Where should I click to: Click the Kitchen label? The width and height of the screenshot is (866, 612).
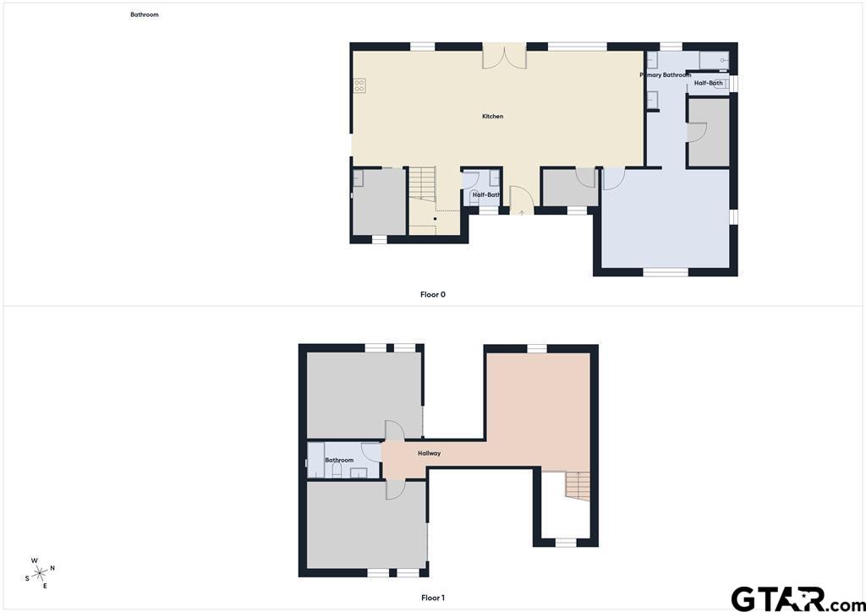pyautogui.click(x=493, y=117)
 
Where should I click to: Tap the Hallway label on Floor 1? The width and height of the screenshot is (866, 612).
pyautogui.click(x=429, y=453)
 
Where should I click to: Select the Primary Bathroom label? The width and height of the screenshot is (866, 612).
pyautogui.click(x=666, y=74)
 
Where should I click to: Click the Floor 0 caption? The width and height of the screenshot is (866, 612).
pyautogui.click(x=432, y=295)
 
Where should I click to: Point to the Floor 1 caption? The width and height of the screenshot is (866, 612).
pyautogui.click(x=432, y=598)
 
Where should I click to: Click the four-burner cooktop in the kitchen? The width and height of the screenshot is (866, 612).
pyautogui.click(x=359, y=85)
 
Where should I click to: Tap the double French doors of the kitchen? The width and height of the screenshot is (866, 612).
pyautogui.click(x=504, y=57)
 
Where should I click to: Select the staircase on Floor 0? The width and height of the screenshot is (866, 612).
pyautogui.click(x=423, y=183)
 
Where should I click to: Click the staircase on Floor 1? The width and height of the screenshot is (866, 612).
pyautogui.click(x=578, y=486)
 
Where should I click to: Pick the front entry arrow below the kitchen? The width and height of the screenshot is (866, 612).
pyautogui.click(x=522, y=212)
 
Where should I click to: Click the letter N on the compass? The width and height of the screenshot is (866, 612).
pyautogui.click(x=52, y=568)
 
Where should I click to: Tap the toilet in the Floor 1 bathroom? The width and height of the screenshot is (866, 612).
pyautogui.click(x=337, y=470)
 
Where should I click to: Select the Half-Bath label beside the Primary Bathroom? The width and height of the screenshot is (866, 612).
pyautogui.click(x=708, y=84)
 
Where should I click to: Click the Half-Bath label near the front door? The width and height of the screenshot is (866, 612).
pyautogui.click(x=486, y=194)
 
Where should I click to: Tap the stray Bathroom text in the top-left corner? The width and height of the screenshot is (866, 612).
pyautogui.click(x=144, y=15)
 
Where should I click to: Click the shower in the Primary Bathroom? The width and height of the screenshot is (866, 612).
pyautogui.click(x=714, y=61)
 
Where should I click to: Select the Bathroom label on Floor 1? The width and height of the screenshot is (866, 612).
pyautogui.click(x=339, y=460)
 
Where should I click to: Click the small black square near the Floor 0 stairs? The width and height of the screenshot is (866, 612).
pyautogui.click(x=435, y=219)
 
